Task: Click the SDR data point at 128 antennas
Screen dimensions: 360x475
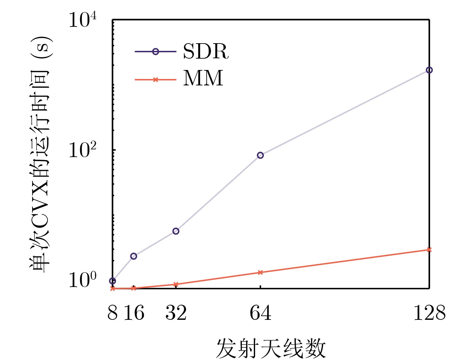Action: (x=429, y=70)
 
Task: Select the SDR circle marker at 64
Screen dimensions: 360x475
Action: (x=260, y=155)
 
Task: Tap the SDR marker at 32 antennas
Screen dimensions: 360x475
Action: (x=176, y=231)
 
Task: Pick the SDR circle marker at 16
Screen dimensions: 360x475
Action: (x=133, y=256)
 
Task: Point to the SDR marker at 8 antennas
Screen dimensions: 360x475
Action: (x=113, y=281)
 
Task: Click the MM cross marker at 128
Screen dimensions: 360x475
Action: (x=429, y=249)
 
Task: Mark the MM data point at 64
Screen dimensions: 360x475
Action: (x=260, y=272)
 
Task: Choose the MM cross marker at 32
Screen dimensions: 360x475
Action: (x=176, y=284)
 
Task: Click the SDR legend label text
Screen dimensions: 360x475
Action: (x=206, y=52)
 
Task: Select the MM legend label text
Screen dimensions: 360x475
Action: (x=203, y=79)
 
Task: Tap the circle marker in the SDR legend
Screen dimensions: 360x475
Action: (x=155, y=52)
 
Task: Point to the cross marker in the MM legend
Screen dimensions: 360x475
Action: (x=155, y=80)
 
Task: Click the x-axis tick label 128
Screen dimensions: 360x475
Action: (x=429, y=313)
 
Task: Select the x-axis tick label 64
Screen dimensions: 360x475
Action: (x=260, y=313)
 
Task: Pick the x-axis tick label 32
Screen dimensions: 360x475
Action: (x=176, y=313)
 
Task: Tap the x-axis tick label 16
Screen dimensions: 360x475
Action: (x=134, y=313)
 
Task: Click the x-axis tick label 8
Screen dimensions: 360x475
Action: (x=113, y=313)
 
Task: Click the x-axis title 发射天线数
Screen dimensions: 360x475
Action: (x=271, y=348)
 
